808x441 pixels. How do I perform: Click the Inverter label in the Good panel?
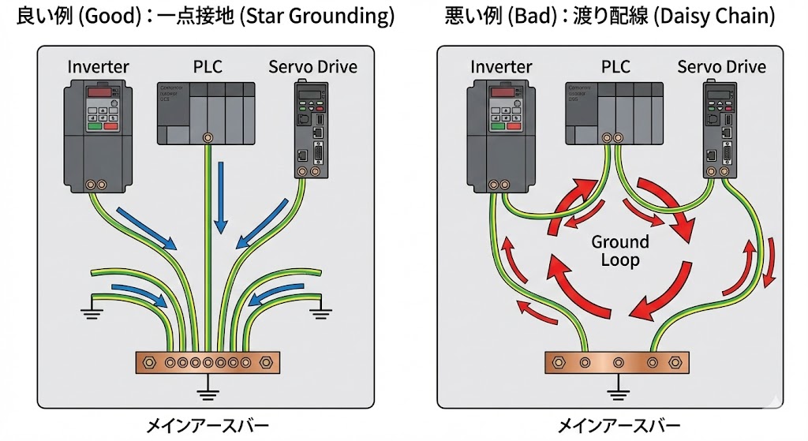(x=98, y=66)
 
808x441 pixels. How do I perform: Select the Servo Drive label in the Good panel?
(x=312, y=66)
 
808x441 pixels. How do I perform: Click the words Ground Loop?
(x=620, y=251)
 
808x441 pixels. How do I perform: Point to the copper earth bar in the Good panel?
(x=208, y=363)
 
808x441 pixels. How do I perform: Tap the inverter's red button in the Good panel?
(x=110, y=125)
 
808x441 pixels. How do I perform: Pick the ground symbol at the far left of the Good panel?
(x=92, y=314)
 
